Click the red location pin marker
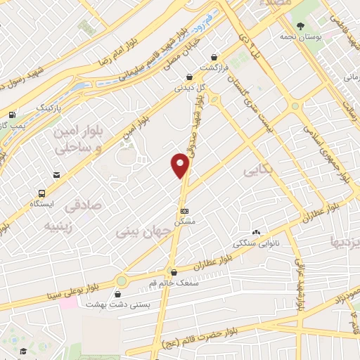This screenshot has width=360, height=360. (181, 165)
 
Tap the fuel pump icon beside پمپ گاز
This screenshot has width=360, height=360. (12, 115)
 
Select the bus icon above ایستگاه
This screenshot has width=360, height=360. (43, 193)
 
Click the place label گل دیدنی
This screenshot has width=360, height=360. (190, 89)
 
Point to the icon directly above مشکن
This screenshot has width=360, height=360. (184, 211)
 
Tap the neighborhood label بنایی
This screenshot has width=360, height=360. (257, 170)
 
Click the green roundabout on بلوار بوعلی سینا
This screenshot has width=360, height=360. (122, 281)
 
